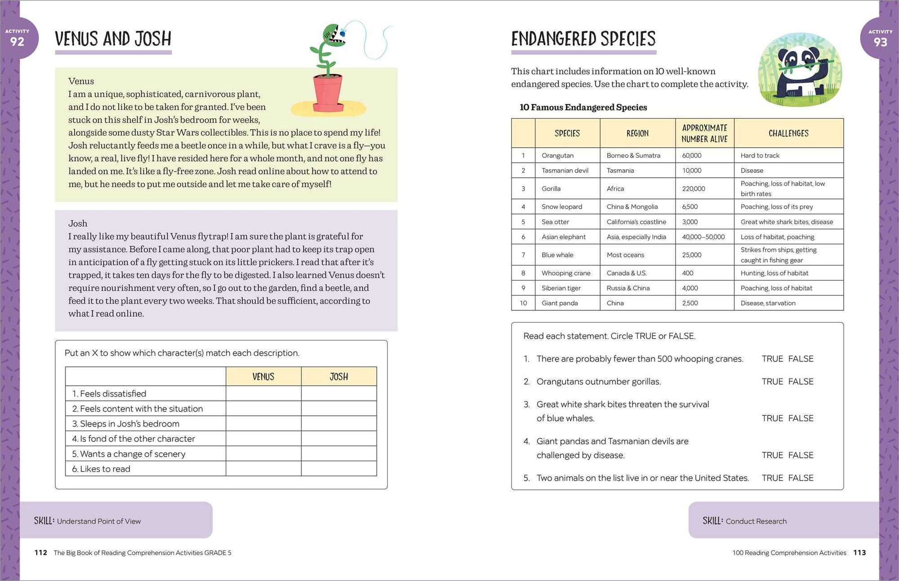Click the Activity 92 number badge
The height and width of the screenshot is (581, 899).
[18, 39]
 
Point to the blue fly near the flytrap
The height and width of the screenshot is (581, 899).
[343, 33]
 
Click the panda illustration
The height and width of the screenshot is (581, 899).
[800, 70]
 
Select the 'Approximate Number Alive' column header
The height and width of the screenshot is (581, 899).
[704, 133]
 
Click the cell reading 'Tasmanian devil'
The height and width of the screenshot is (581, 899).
[565, 171]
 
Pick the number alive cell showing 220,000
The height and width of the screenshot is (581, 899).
[694, 189]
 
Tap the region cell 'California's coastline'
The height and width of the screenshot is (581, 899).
[636, 222]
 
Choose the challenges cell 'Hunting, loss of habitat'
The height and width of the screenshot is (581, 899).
[774, 273]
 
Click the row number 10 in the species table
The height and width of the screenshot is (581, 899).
[523, 303]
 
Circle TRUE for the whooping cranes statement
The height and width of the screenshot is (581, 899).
[772, 359]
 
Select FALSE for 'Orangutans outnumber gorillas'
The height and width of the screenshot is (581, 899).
[801, 382]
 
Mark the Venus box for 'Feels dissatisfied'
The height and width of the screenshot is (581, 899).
[263, 394]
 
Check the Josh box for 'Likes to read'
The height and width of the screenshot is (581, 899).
[339, 469]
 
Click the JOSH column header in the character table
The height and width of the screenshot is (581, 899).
[339, 377]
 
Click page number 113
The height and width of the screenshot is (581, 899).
[859, 553]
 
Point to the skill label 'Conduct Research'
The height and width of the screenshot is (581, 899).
[756, 521]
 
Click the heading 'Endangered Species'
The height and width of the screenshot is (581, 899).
[583, 39]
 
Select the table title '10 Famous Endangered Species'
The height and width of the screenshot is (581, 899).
[583, 107]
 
